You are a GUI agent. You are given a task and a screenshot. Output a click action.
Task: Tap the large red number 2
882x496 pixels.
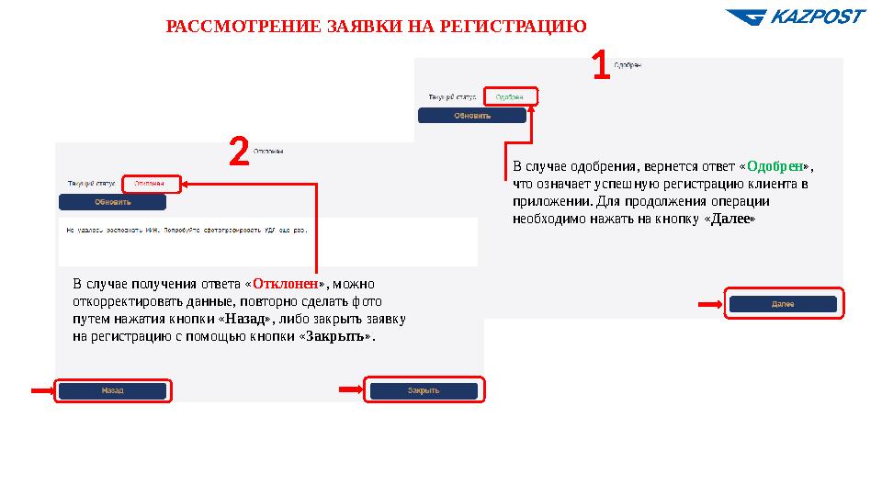tap(238, 152)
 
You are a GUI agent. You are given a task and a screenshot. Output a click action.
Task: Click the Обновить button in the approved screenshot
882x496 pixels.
tap(472, 116)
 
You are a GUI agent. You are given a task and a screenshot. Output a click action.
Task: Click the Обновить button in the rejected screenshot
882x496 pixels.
tap(113, 201)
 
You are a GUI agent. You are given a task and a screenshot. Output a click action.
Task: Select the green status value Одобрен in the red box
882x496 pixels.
tap(509, 96)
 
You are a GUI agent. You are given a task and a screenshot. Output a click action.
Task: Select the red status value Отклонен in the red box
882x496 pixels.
tap(150, 183)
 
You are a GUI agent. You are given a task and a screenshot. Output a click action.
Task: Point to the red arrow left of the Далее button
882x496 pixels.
tap(710, 305)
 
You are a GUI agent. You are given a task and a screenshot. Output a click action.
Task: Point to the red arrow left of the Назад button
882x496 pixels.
tap(42, 390)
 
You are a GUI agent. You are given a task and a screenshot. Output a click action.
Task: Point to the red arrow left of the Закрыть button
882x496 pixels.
tap(351, 389)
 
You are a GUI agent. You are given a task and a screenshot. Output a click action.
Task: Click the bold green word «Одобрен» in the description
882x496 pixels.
tap(776, 167)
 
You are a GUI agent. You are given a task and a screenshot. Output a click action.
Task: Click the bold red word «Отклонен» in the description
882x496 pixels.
tap(286, 283)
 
